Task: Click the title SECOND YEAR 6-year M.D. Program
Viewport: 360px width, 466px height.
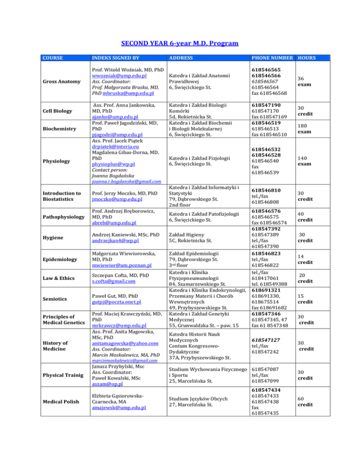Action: pos(180,44)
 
